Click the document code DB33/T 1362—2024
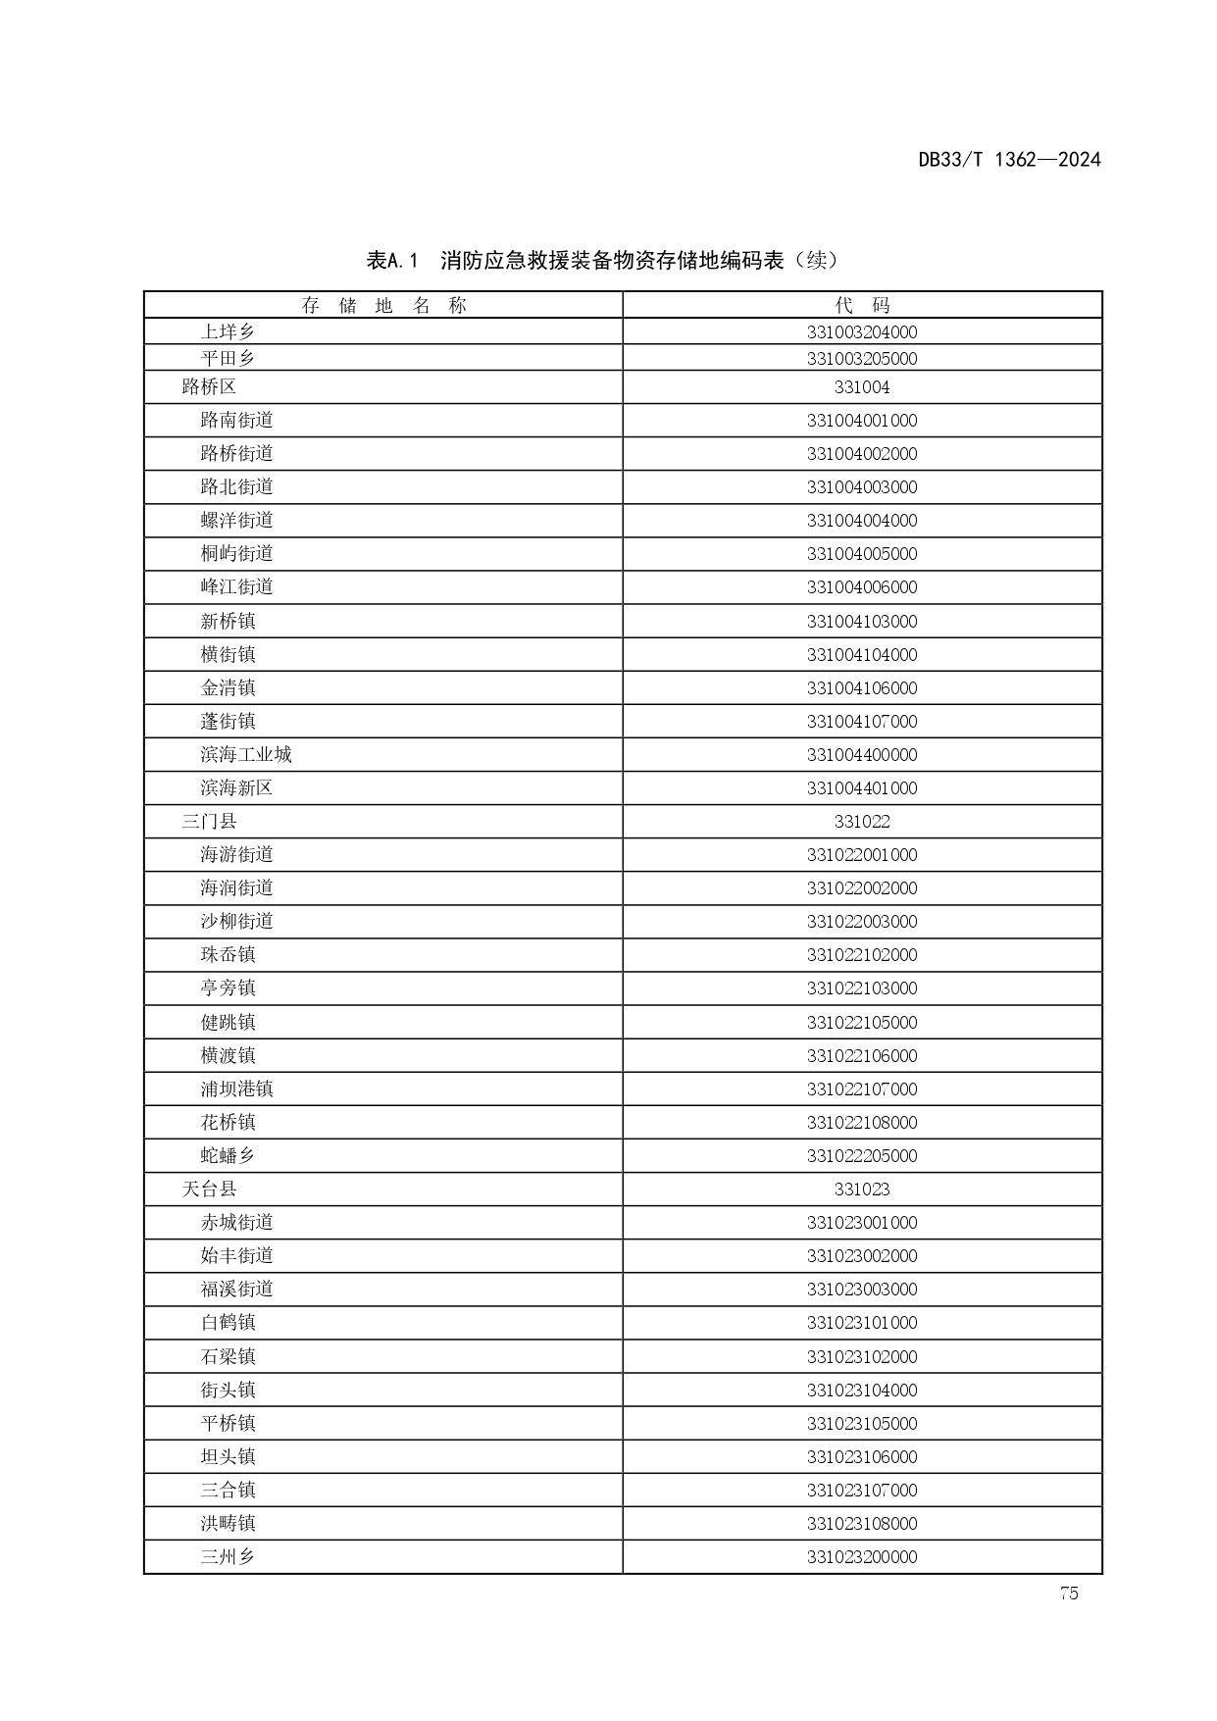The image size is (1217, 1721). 1009,160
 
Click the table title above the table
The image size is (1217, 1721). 602,261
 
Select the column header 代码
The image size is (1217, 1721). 862,306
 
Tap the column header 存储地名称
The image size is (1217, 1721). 383,306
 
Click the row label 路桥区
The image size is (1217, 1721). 209,387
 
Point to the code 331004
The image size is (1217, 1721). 862,387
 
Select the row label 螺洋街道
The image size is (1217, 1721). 236,521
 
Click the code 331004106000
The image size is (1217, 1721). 862,688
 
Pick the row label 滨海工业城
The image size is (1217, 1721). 246,755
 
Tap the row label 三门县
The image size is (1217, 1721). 209,822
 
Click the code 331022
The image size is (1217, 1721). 862,822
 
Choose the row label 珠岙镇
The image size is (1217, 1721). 228,955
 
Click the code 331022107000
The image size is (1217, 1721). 862,1089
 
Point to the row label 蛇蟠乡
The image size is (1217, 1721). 228,1156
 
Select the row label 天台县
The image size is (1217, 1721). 209,1190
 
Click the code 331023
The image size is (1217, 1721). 862,1190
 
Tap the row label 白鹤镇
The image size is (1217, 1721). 228,1323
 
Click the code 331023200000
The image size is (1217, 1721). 862,1557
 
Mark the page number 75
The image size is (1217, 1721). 1069,1594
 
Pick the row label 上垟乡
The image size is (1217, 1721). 228,332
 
